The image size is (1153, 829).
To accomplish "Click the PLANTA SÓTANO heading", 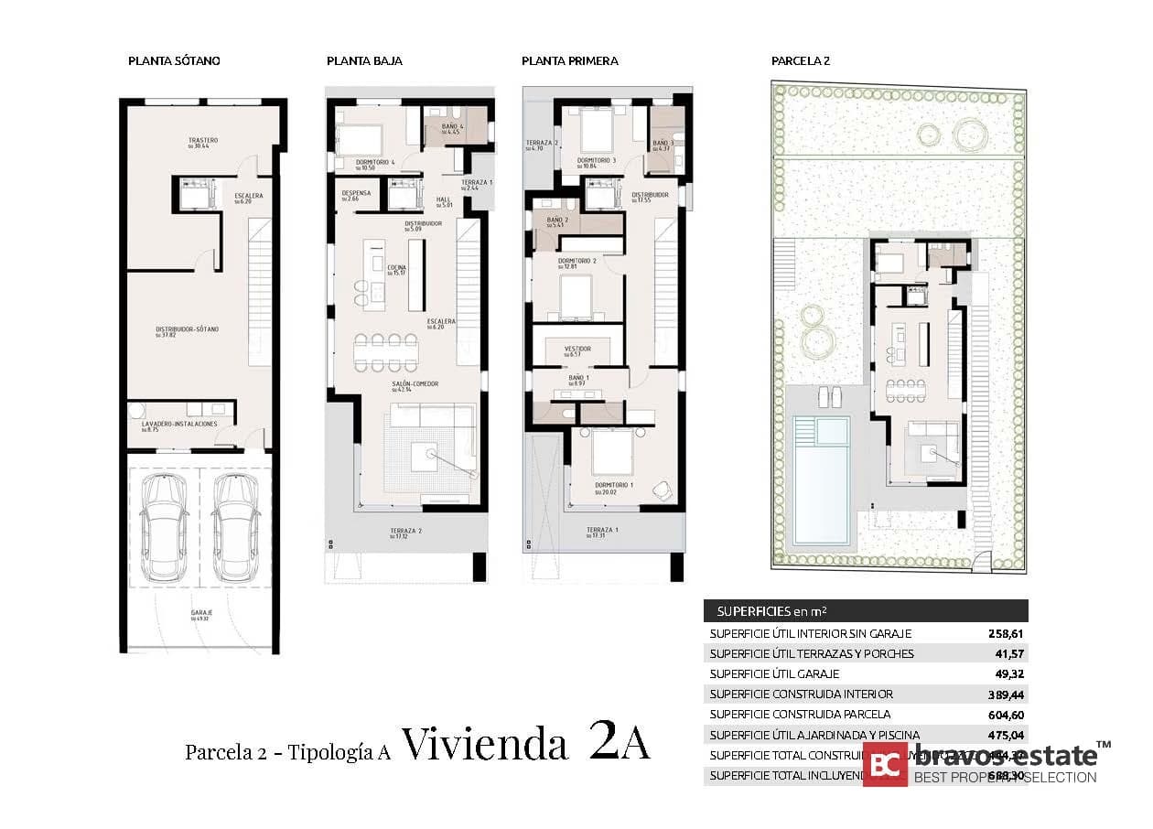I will (x=174, y=61).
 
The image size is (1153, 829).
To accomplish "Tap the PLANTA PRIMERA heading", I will (x=569, y=61).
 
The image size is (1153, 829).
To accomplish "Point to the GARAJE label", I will (x=201, y=613).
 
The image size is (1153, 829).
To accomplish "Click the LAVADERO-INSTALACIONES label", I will (x=179, y=425).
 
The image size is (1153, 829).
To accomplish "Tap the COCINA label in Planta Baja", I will (x=396, y=268).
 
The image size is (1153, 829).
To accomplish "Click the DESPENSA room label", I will (x=355, y=194).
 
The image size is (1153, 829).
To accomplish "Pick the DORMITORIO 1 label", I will (x=613, y=485).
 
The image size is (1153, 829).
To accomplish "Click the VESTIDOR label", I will (x=576, y=349).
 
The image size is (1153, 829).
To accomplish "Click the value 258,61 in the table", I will (x=1006, y=633).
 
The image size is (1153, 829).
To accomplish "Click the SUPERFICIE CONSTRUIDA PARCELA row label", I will (x=799, y=714).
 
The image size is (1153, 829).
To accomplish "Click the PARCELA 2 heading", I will (x=800, y=61).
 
